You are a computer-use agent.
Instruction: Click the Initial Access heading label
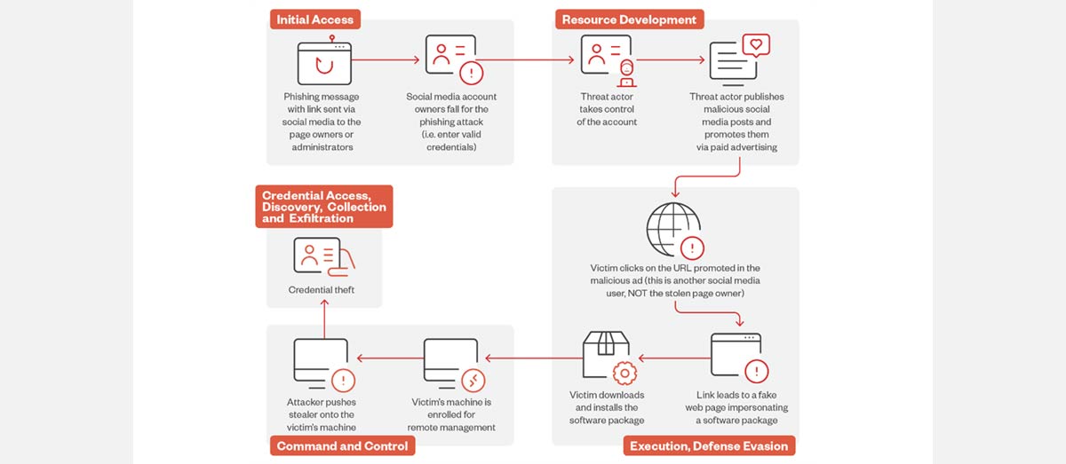[x=315, y=20]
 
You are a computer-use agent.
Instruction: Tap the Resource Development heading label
[x=629, y=20]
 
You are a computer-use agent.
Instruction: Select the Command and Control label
[x=342, y=446]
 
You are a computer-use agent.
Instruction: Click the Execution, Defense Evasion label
[x=709, y=446]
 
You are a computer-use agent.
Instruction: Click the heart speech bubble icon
[x=756, y=45]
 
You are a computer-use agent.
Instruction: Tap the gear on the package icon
[x=624, y=374]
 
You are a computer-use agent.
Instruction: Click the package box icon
[x=606, y=355]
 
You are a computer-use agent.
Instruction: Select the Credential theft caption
[x=322, y=289]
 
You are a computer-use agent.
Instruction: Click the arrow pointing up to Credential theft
[x=324, y=319]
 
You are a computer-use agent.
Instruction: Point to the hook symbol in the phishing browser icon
[x=324, y=65]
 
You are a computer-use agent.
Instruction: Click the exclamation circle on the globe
[x=692, y=248]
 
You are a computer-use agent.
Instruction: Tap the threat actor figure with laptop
[x=627, y=74]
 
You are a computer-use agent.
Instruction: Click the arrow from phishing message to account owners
[x=386, y=60]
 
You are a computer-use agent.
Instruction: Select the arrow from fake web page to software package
[x=674, y=358]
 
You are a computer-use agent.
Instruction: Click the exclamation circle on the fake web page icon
[x=757, y=372]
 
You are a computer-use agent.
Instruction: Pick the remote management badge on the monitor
[x=473, y=381]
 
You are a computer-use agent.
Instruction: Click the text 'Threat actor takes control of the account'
[x=606, y=109]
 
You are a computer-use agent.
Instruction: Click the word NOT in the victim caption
[x=638, y=294]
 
